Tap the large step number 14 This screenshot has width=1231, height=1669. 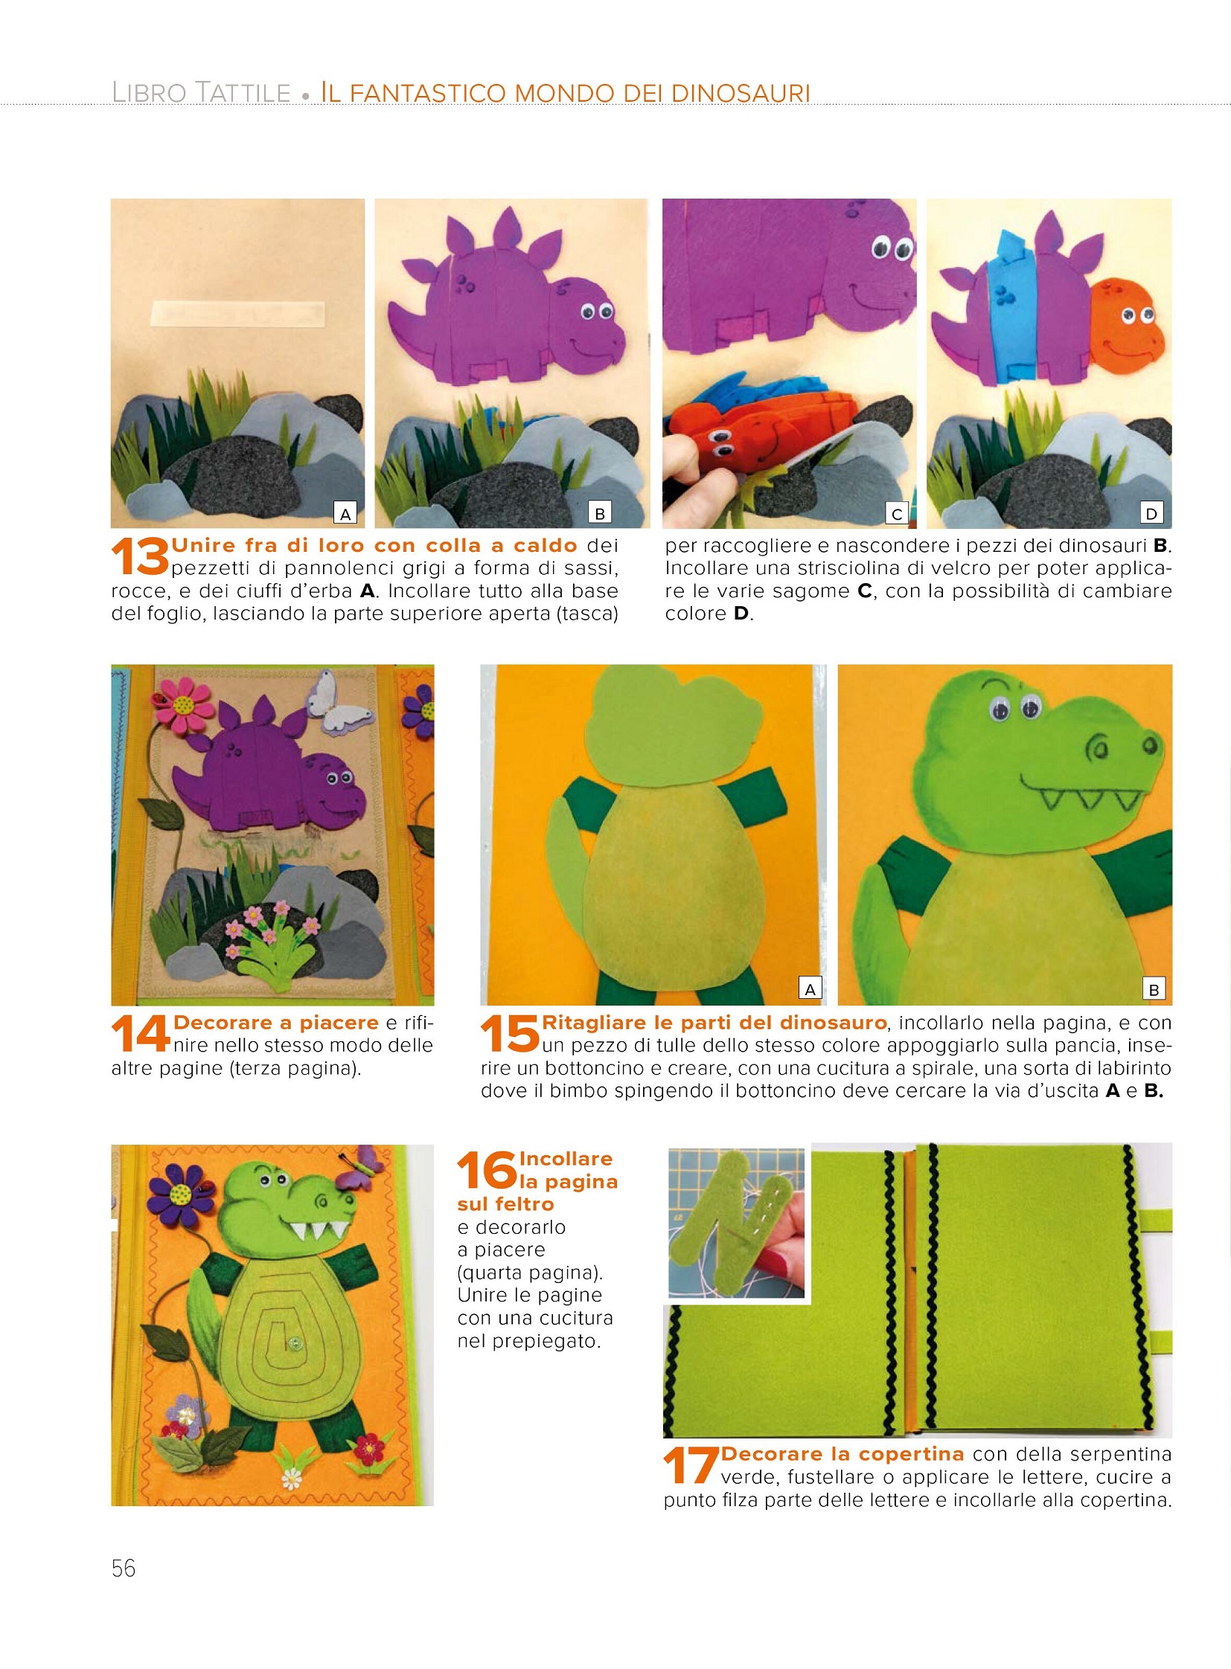[x=141, y=1035]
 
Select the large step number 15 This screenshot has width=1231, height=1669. [x=511, y=1035]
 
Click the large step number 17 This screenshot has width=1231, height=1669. [x=691, y=1467]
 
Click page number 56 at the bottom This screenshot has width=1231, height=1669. [x=124, y=1569]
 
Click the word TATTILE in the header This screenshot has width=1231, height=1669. [x=243, y=93]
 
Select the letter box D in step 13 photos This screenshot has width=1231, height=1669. [x=1152, y=513]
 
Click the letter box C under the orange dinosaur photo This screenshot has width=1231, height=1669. [x=897, y=513]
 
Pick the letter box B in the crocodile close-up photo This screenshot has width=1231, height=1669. [x=1154, y=990]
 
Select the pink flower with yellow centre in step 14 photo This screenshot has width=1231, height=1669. [x=182, y=704]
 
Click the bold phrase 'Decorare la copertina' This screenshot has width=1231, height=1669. [x=842, y=1454]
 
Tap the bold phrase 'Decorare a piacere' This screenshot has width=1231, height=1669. [x=275, y=1023]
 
